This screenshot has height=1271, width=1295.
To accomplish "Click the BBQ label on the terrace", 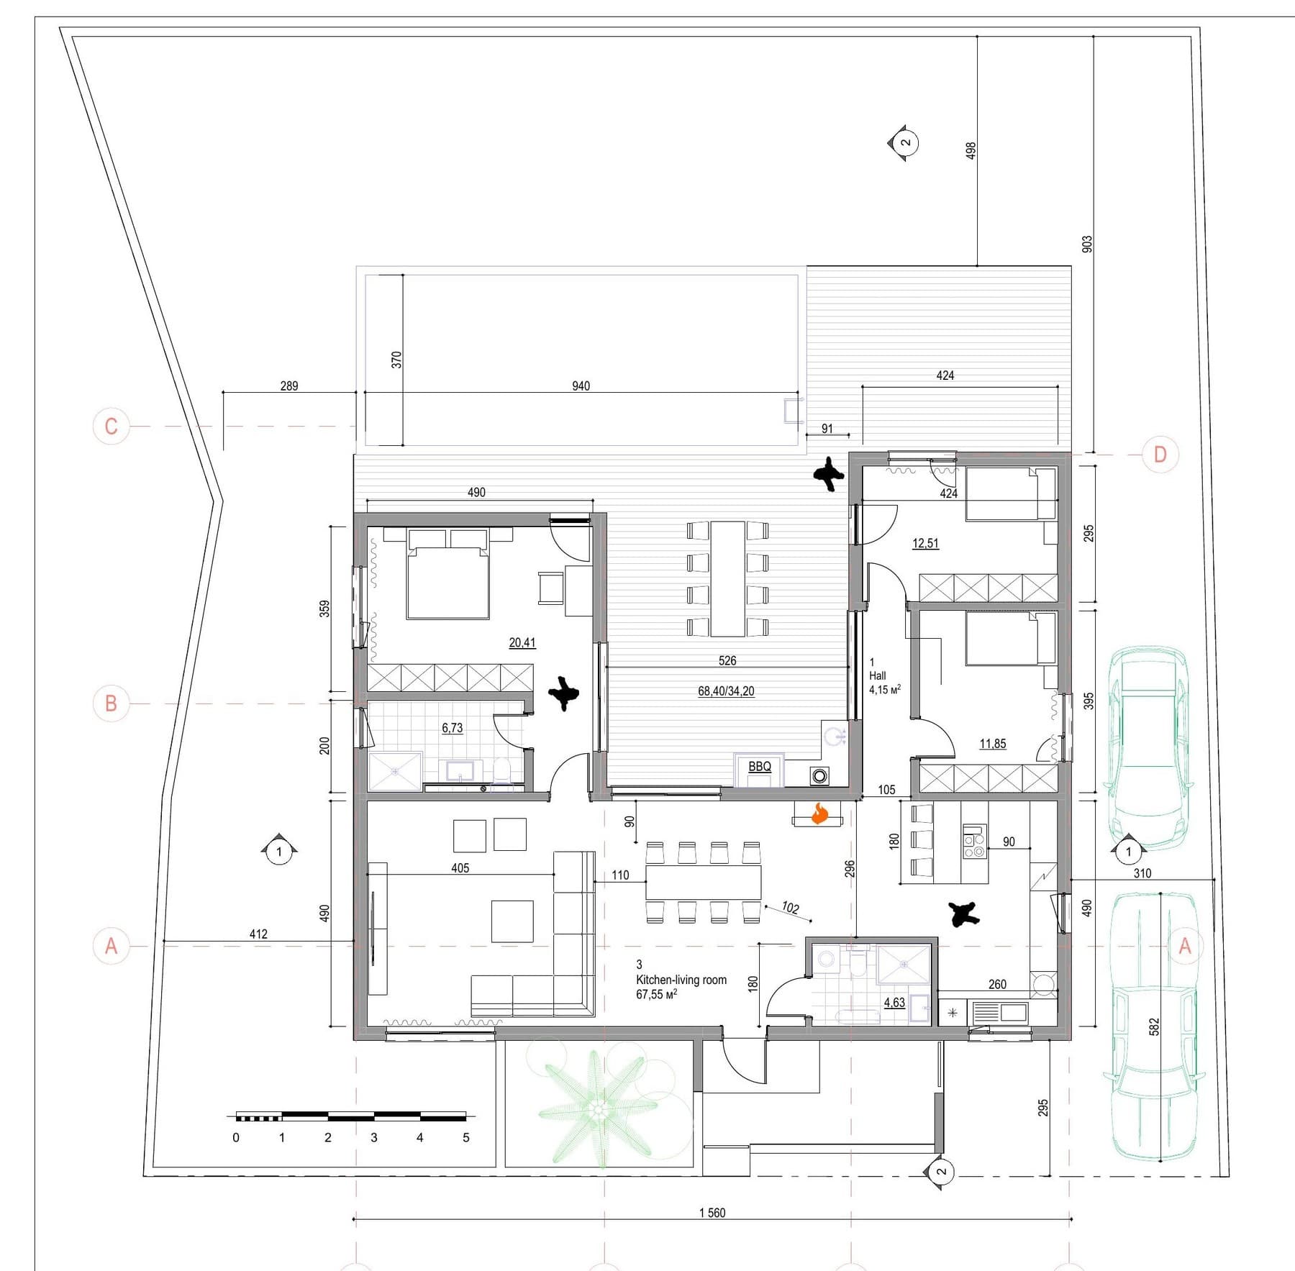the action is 760,767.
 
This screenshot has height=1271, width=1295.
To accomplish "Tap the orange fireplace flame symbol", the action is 819,814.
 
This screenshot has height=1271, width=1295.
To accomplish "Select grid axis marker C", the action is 111,427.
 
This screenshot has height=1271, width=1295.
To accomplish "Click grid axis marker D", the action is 1160,455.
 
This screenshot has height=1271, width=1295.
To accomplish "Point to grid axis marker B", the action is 111,703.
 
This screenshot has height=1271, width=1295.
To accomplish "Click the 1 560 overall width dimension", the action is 712,1213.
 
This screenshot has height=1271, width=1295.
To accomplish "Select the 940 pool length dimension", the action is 581,386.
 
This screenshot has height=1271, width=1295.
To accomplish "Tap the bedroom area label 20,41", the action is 522,643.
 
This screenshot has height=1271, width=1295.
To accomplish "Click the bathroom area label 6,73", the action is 453,728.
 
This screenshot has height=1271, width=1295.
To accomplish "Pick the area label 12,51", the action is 925,544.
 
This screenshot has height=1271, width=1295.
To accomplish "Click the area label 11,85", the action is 993,744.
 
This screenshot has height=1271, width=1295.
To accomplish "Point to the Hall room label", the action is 878,675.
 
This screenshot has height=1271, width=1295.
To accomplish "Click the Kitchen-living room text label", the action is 681,980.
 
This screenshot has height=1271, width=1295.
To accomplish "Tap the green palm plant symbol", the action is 597,1111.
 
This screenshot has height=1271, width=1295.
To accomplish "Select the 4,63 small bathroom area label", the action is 894,1003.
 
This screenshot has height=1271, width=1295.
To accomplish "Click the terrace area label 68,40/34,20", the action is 726,691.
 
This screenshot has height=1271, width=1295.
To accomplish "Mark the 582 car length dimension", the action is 1155,1026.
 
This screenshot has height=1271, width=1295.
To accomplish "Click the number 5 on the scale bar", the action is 466,1138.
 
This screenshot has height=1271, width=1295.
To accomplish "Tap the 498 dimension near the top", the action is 971,150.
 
